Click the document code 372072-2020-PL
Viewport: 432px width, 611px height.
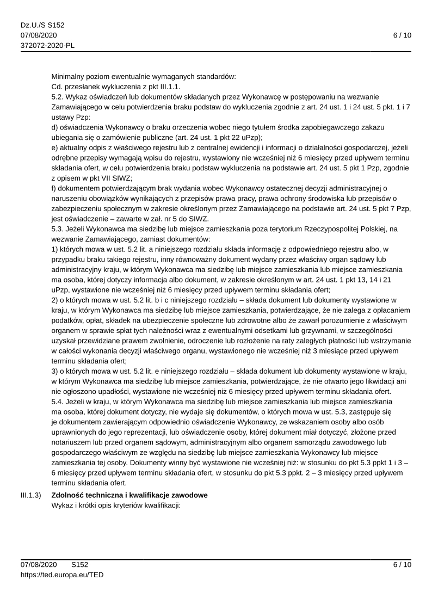[x=44, y=45]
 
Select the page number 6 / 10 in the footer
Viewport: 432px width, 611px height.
[x=402, y=565]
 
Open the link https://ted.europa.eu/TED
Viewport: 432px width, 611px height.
[x=62, y=574]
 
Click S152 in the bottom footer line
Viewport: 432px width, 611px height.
[x=79, y=565]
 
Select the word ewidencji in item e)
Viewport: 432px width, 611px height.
[x=221, y=147]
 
